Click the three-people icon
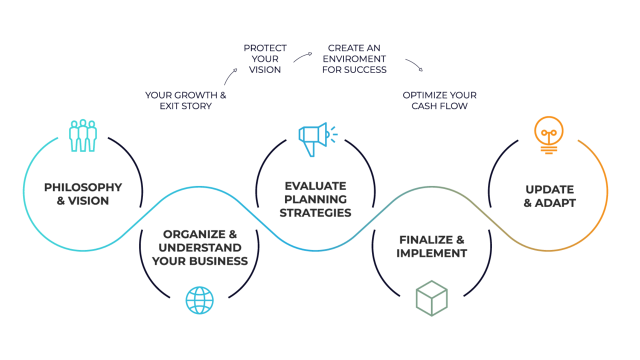tap(82, 135)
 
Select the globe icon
tap(199, 300)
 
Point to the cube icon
tap(431, 298)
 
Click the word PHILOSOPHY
tap(83, 187)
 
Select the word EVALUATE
tap(315, 186)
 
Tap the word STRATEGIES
tap(315, 212)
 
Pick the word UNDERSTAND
tap(199, 248)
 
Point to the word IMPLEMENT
tap(431, 253)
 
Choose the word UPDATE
tap(549, 190)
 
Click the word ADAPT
tap(555, 203)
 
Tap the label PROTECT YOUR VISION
tap(265, 59)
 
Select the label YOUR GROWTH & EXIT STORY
tap(185, 100)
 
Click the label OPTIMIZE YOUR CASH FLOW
tap(439, 100)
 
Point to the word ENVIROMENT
tap(354, 59)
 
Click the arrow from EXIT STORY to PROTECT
tap(230, 76)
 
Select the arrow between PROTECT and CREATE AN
tap(303, 57)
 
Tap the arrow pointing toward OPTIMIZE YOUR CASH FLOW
tap(414, 65)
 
